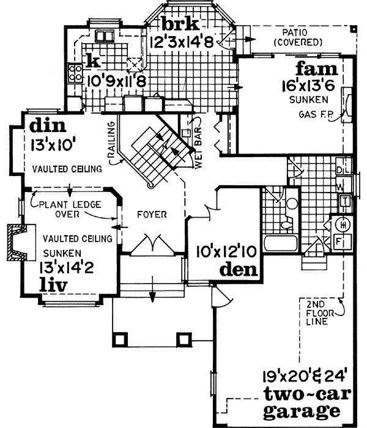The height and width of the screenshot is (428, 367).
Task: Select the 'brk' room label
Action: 180,24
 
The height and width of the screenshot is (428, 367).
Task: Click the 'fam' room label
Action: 313,68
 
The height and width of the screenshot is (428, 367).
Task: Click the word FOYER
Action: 153,215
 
